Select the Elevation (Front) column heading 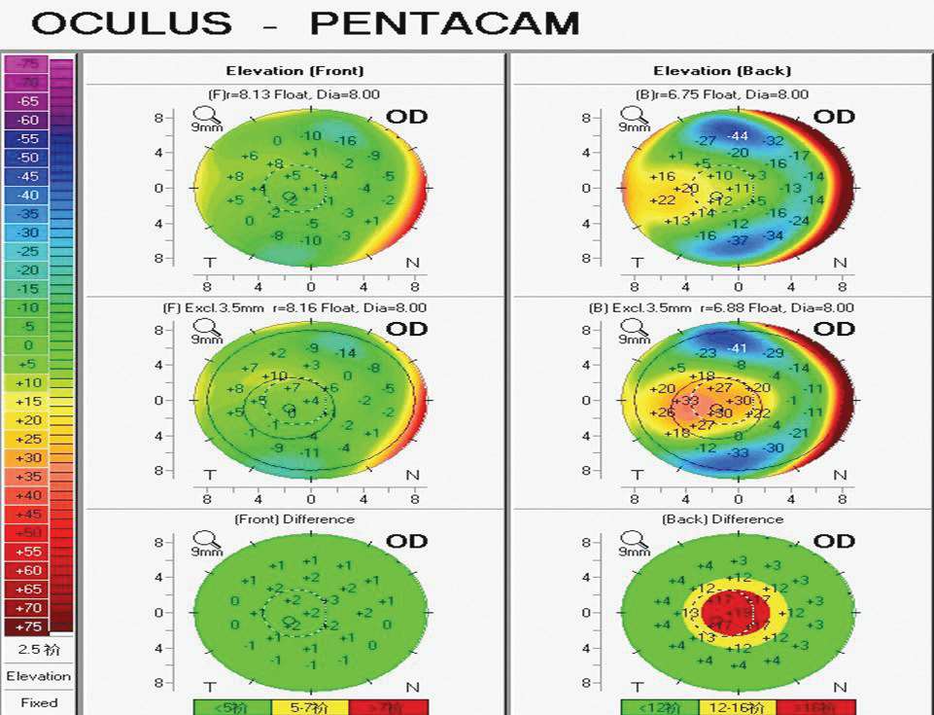[294, 71]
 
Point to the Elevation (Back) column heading [722, 71]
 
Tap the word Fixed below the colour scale [39, 702]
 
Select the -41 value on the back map [738, 347]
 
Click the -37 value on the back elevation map [738, 240]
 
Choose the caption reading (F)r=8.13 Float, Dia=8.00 [294, 94]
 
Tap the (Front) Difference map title [294, 519]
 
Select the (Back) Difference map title [722, 519]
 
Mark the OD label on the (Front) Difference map [407, 542]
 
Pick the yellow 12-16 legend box [738, 707]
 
